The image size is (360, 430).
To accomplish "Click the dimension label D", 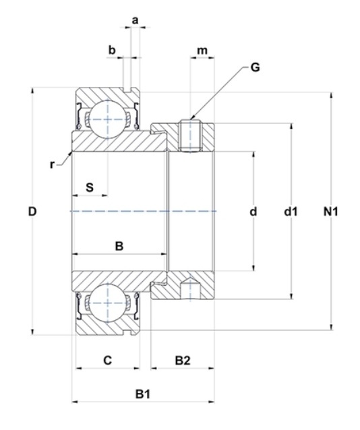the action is click(x=32, y=212).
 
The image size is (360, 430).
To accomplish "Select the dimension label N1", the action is click(x=330, y=212).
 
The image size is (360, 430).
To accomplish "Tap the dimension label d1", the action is click(x=291, y=212).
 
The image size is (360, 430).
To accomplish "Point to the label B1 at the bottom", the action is click(x=143, y=394).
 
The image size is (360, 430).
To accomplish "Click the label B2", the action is click(x=183, y=361).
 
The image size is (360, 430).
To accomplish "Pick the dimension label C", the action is click(x=108, y=361).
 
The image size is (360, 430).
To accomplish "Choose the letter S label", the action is click(x=90, y=187).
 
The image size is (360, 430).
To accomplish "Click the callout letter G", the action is click(x=256, y=67).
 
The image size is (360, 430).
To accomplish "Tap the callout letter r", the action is click(x=52, y=165).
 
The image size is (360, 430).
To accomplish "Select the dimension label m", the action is click(x=202, y=51).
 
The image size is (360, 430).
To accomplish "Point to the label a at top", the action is click(x=136, y=20).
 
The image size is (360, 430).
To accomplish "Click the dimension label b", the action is click(x=112, y=50).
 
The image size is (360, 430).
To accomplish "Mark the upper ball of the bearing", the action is click(x=108, y=119).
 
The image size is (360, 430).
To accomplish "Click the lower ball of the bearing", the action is click(x=108, y=303).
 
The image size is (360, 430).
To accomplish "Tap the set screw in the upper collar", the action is click(x=190, y=135).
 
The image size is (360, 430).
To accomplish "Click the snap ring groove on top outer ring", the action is click(x=127, y=90).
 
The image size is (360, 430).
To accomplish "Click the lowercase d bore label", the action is click(x=253, y=212).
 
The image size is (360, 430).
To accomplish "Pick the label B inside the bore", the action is click(x=119, y=246).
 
